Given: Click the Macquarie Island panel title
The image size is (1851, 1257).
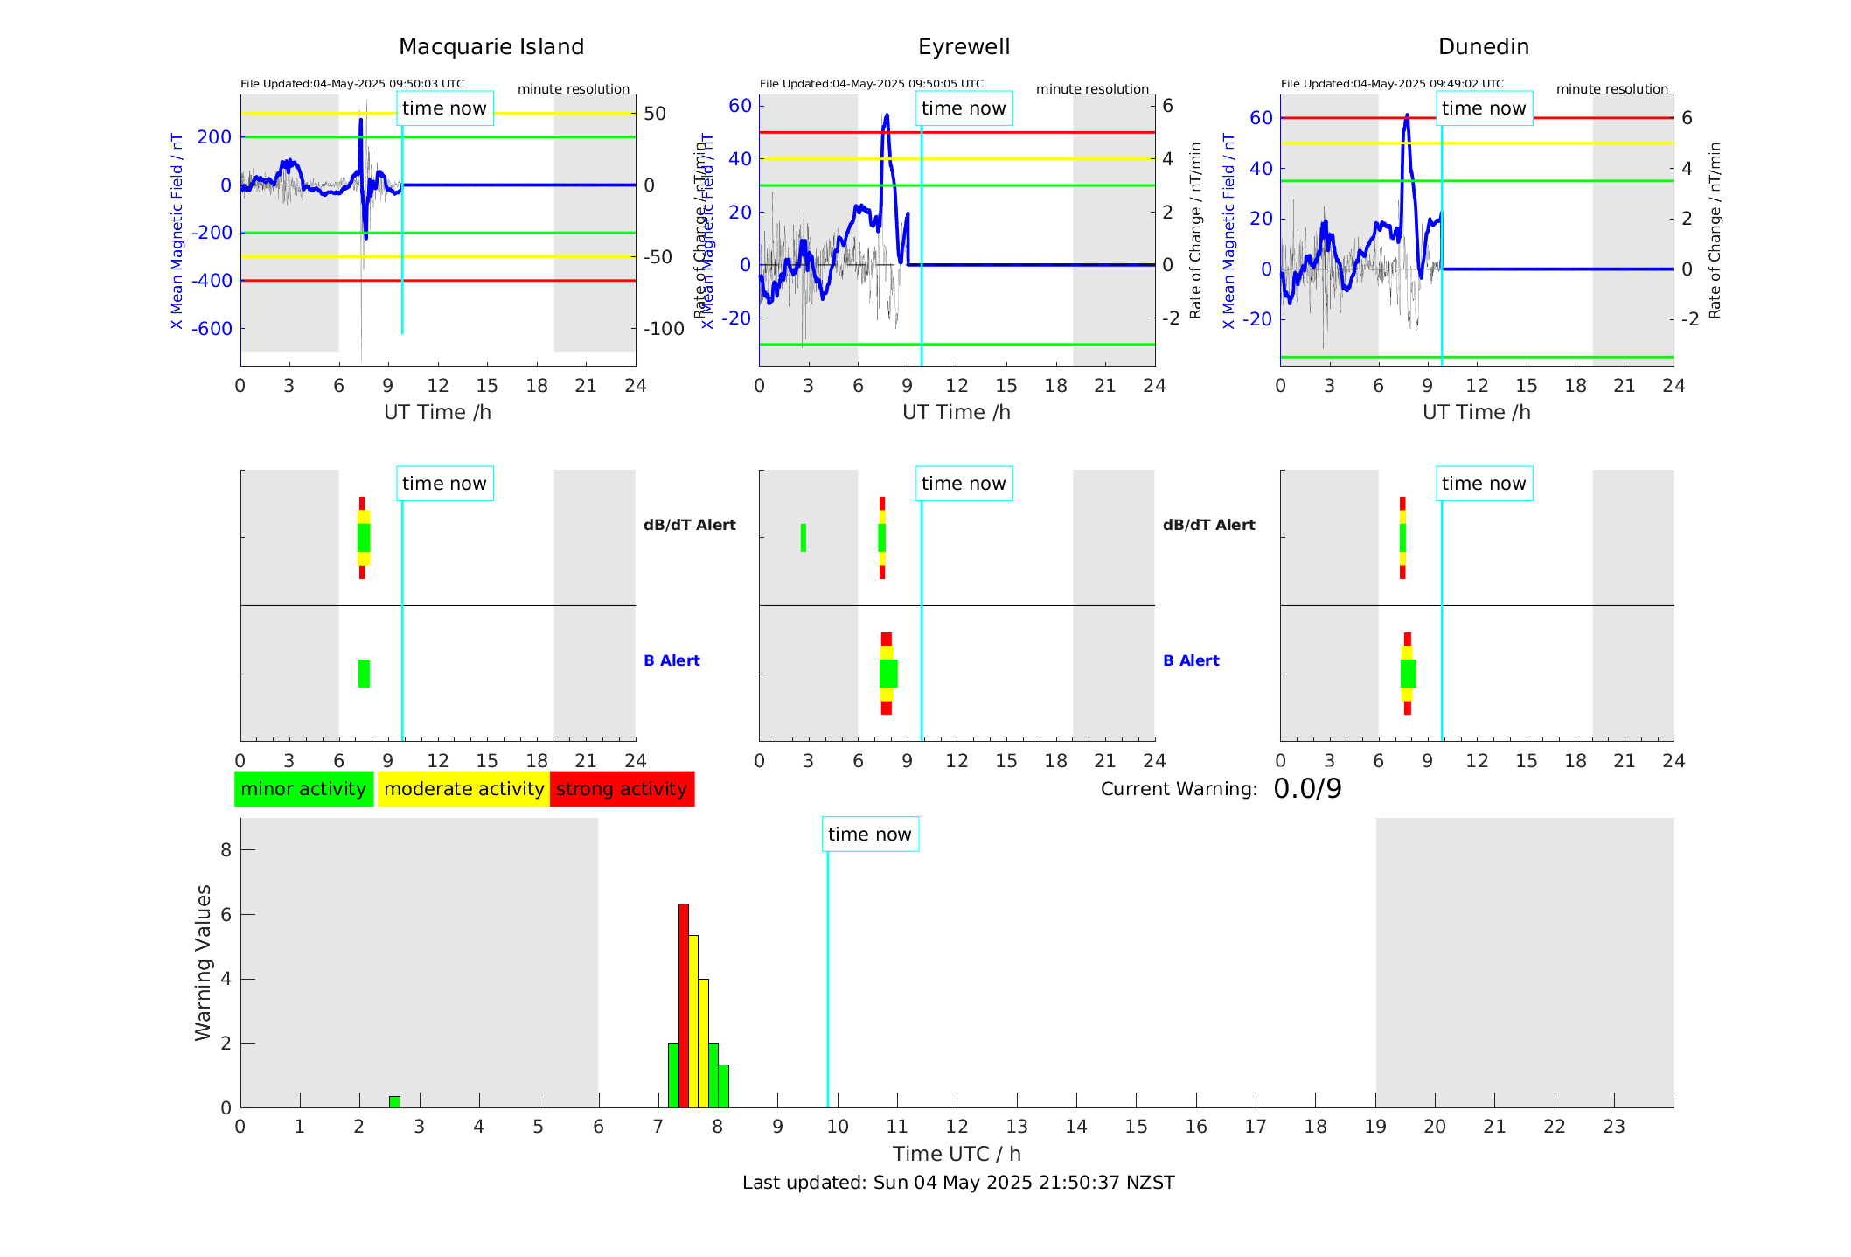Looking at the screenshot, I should pos(491,47).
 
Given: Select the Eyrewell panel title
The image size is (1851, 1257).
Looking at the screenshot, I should pos(964,47).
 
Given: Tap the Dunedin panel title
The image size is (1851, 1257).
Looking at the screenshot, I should pos(1483,47).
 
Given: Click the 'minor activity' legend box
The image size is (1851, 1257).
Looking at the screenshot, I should pos(303,789).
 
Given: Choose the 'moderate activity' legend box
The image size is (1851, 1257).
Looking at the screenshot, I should pos(463,789).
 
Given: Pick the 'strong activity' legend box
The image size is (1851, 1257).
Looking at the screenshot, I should pos(622,789).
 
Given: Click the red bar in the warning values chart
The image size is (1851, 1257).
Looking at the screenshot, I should pos(684,1006).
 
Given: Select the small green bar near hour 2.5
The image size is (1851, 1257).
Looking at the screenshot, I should pos(394,1102).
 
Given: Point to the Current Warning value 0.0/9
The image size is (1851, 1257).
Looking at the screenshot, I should pos(1307,789).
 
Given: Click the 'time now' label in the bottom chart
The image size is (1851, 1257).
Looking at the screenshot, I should pos(869,835).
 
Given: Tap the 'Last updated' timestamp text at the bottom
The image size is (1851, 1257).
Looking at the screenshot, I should pos(958,1183).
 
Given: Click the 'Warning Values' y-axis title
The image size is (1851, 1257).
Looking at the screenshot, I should pos(204,962).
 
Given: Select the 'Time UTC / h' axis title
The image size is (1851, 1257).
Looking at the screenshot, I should pos(957,1154).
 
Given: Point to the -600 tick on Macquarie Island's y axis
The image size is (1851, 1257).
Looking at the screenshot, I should pos(212,329).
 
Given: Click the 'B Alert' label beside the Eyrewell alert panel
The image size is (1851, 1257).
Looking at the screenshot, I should pos(1191,660).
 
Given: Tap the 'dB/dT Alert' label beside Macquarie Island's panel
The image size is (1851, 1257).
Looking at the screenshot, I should pos(689,525).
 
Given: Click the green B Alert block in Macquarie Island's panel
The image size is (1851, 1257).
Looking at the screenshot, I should pos(364,674).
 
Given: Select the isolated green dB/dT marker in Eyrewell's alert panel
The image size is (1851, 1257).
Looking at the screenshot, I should pos(804,538).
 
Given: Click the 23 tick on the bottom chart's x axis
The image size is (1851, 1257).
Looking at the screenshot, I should pos(1614,1127).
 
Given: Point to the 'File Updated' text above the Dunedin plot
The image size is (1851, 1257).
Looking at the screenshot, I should pos(1392,84).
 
